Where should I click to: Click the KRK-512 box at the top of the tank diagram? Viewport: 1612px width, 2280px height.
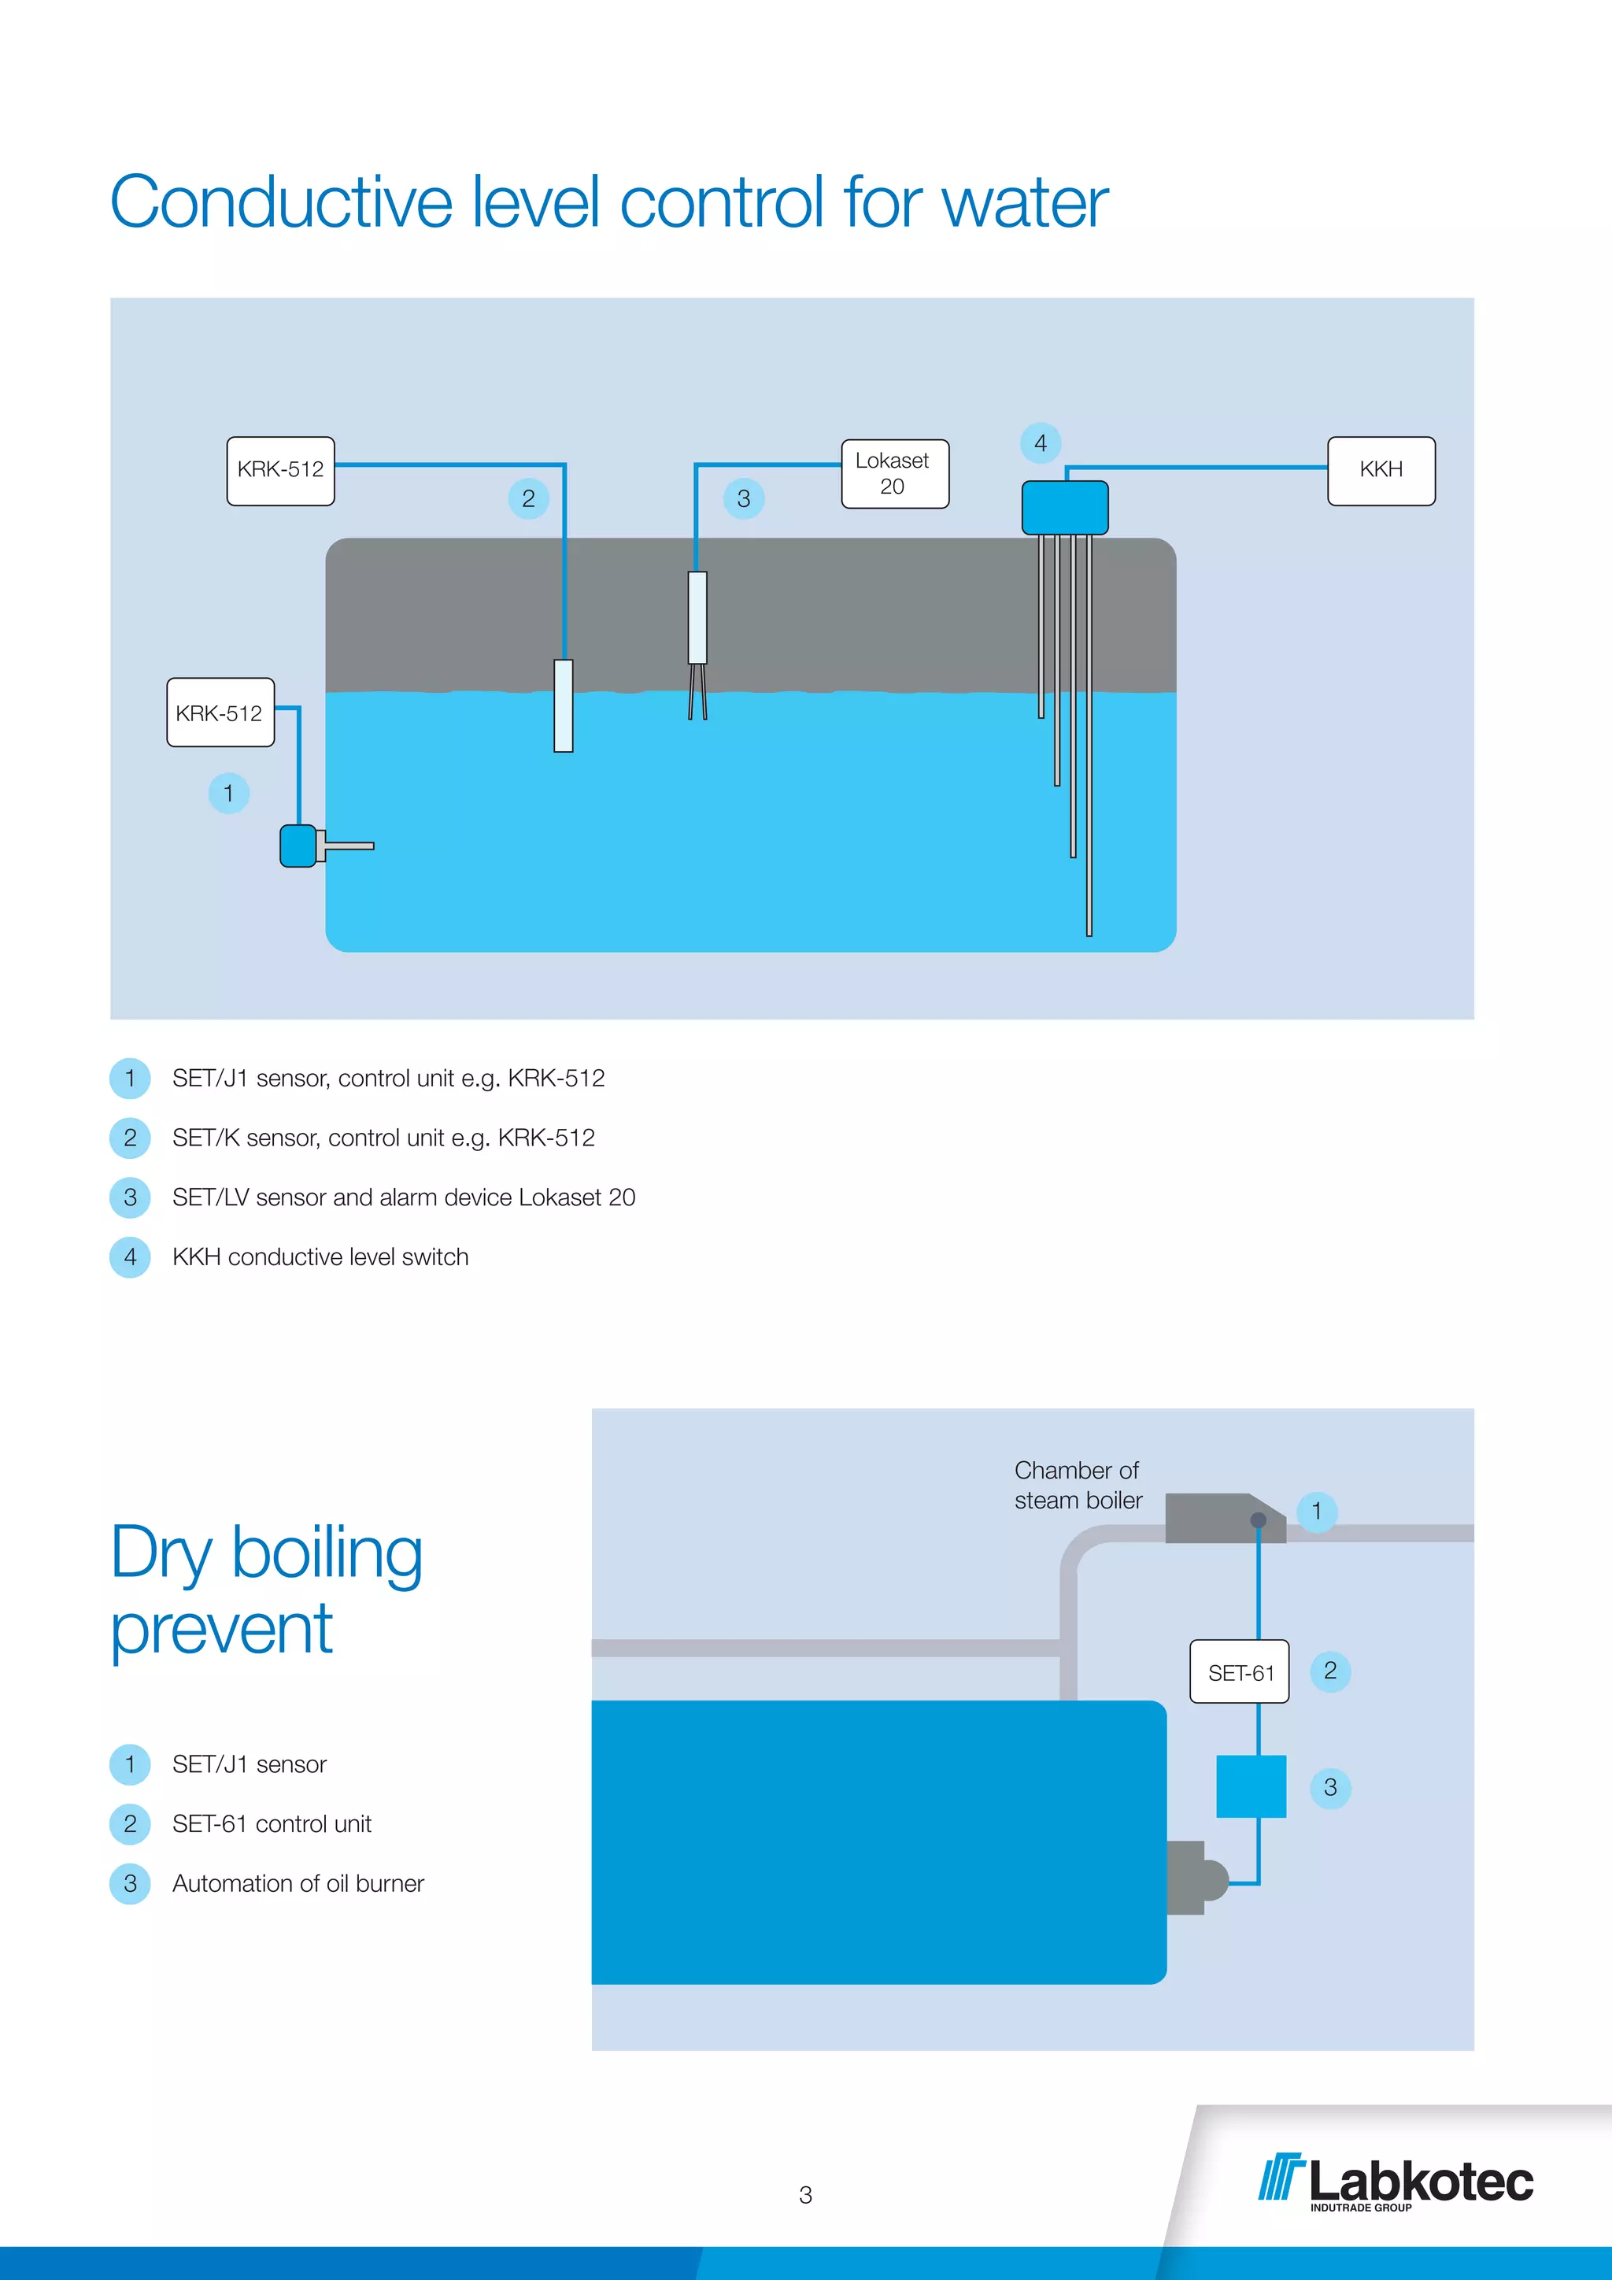coord(280,471)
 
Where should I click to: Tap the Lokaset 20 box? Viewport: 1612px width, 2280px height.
coord(894,474)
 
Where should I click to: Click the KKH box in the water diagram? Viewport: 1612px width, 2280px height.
coord(1381,471)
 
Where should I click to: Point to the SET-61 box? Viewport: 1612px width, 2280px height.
coord(1240,1672)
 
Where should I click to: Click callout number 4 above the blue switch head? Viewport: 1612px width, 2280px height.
coord(1041,443)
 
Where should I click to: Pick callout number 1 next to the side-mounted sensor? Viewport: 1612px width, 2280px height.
coord(228,794)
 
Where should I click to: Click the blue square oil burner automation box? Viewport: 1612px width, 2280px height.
coord(1251,1786)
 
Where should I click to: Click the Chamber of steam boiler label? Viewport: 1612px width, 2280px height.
coord(1078,1486)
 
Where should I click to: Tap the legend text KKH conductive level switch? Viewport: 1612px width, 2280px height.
coord(320,1257)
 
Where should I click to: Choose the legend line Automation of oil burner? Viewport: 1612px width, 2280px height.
coord(298,1884)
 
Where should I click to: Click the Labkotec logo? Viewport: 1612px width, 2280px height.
coord(1396,2182)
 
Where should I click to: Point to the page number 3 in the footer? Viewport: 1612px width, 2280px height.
coord(805,2195)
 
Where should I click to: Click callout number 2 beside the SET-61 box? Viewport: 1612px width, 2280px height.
coord(1330,1671)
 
